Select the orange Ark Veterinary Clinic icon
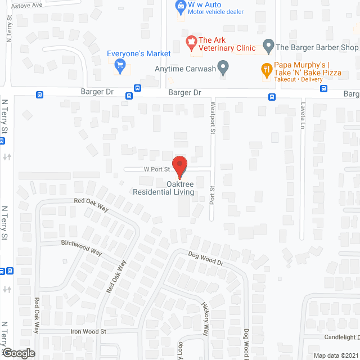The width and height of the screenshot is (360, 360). [191, 40]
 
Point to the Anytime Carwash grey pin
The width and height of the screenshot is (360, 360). [223, 69]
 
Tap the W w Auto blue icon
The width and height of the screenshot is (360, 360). [181, 7]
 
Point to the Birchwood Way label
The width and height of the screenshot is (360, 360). [81, 248]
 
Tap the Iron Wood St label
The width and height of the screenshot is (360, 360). [88, 332]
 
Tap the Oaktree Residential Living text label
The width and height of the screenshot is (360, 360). [163, 188]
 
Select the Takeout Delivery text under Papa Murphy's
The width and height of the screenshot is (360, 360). [299, 80]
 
